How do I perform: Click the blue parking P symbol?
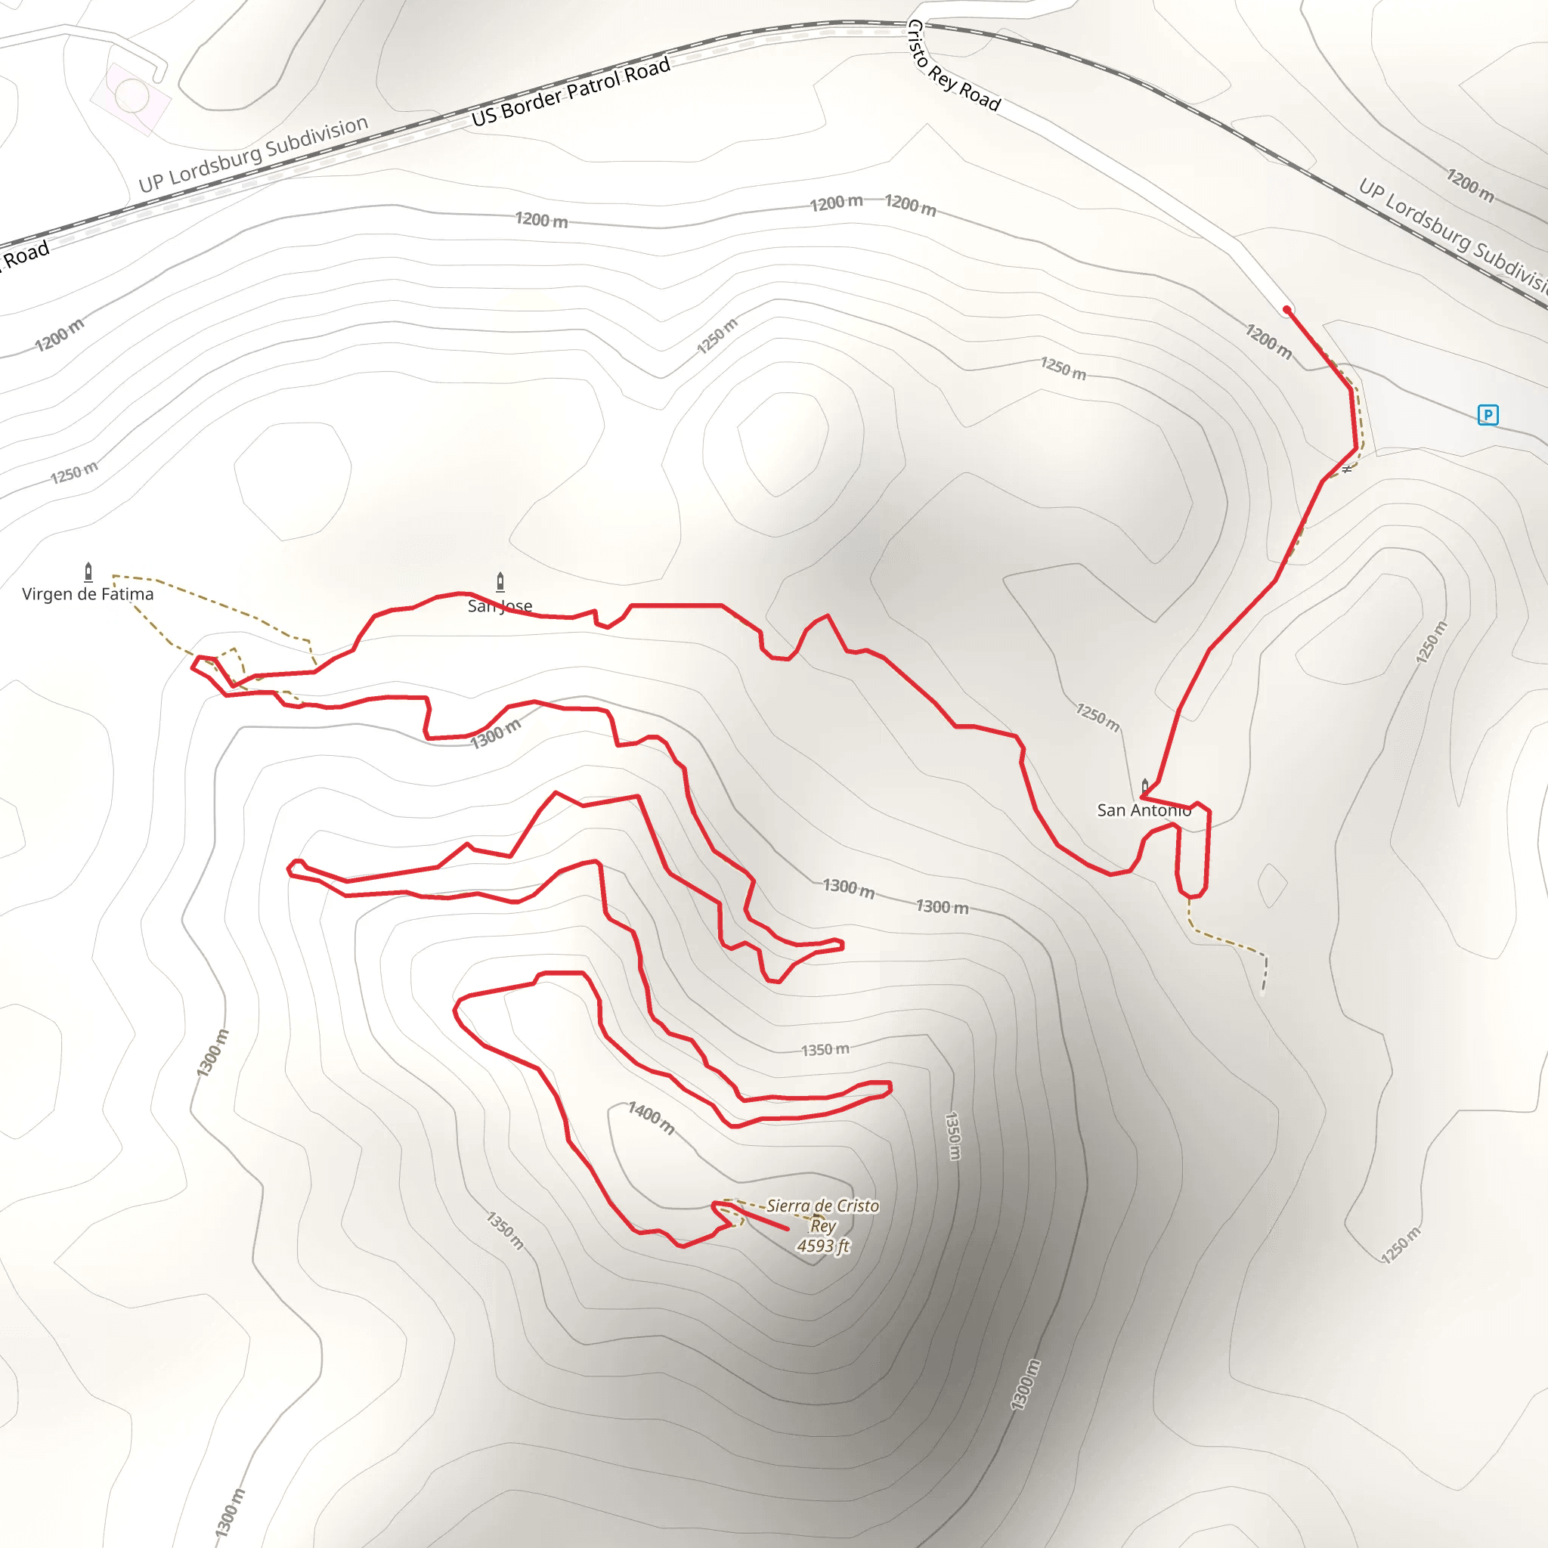click(x=1488, y=414)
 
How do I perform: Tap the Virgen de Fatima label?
click(x=88, y=593)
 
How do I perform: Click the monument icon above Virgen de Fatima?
click(x=88, y=571)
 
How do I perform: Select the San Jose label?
click(x=500, y=605)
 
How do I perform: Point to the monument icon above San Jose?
click(x=500, y=581)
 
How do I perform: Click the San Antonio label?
click(x=1144, y=810)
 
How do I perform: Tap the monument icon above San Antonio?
click(x=1144, y=786)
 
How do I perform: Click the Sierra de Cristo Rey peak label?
click(x=823, y=1215)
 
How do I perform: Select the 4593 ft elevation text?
click(x=823, y=1246)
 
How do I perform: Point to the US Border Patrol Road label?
click(x=571, y=92)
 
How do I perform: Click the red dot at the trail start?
click(x=1286, y=309)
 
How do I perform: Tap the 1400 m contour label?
click(x=652, y=1117)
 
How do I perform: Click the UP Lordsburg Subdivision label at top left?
click(x=253, y=155)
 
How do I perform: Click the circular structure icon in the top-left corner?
click(x=132, y=97)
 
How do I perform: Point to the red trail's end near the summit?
click(x=787, y=1228)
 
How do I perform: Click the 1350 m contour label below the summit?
click(x=506, y=1230)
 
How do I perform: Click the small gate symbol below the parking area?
click(x=1347, y=469)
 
